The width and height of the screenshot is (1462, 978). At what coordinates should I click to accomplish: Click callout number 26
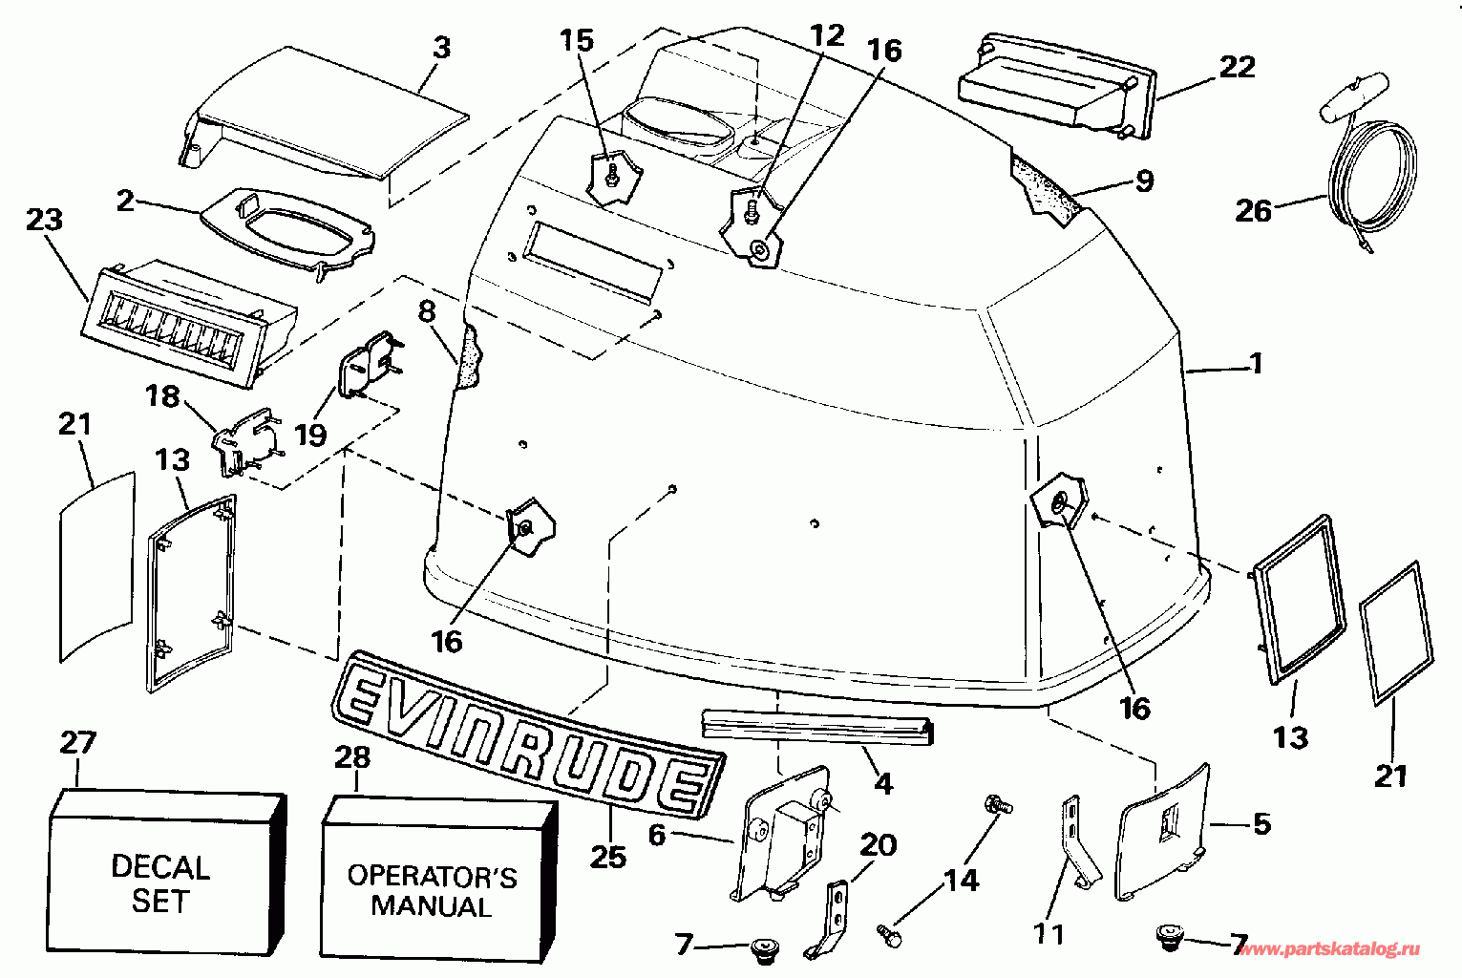pyautogui.click(x=1254, y=209)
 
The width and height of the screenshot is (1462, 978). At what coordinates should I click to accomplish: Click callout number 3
pyautogui.click(x=441, y=48)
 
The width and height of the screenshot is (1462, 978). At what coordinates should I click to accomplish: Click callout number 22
pyautogui.click(x=1237, y=67)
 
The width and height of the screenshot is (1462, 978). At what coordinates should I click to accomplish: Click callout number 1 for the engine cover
pyautogui.click(x=1257, y=364)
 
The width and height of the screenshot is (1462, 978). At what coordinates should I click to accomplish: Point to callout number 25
pyautogui.click(x=608, y=857)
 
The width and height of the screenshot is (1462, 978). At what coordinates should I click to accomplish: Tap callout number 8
pyautogui.click(x=427, y=311)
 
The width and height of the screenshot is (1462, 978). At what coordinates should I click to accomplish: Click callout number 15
pyautogui.click(x=577, y=40)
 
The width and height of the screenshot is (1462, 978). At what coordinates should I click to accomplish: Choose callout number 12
pyautogui.click(x=827, y=35)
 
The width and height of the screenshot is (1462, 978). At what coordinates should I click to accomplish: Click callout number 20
pyautogui.click(x=879, y=844)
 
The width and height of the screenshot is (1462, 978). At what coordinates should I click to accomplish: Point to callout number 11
pyautogui.click(x=1048, y=933)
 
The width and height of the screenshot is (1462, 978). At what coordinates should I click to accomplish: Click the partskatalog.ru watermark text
pyautogui.click(x=1328, y=949)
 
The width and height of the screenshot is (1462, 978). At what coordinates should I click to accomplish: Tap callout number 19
pyautogui.click(x=310, y=435)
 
